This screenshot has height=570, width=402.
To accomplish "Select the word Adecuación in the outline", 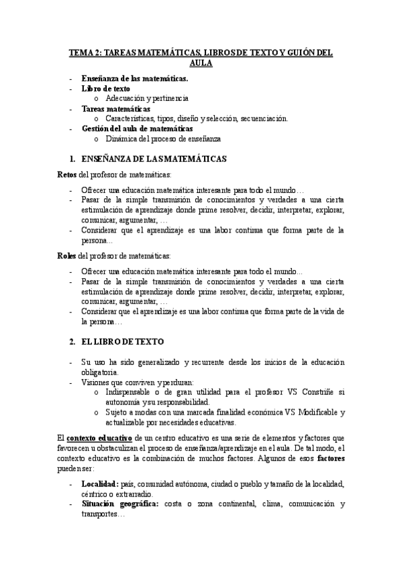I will pos(125,98).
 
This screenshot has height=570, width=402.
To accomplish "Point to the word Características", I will pos(130,118).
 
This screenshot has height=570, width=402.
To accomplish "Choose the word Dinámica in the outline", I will pos(121,138).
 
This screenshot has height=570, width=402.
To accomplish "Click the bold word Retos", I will pos(66,175).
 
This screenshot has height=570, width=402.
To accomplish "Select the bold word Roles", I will pos(66,255).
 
